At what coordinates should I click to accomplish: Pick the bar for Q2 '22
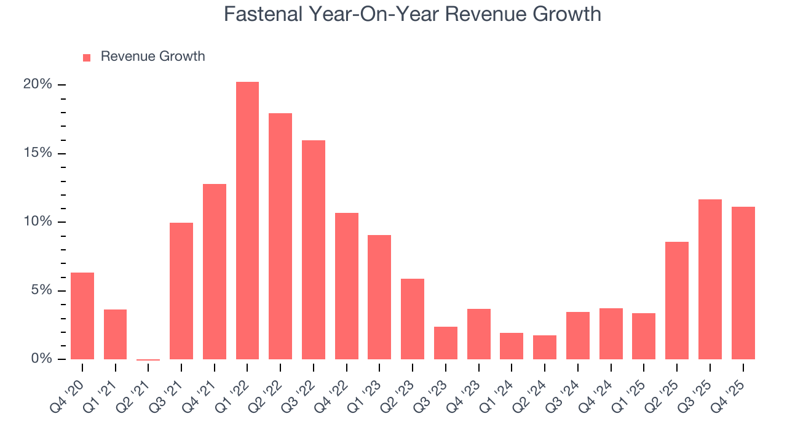280,236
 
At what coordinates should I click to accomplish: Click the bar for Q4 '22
346,286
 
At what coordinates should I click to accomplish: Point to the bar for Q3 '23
445,343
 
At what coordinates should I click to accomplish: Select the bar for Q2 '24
544,347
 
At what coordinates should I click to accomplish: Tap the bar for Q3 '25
710,279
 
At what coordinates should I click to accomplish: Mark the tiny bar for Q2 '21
148,359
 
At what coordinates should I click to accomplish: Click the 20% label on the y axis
38,84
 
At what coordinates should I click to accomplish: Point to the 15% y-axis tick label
38,153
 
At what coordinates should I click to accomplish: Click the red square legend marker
87,57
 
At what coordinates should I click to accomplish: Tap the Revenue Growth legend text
152,57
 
